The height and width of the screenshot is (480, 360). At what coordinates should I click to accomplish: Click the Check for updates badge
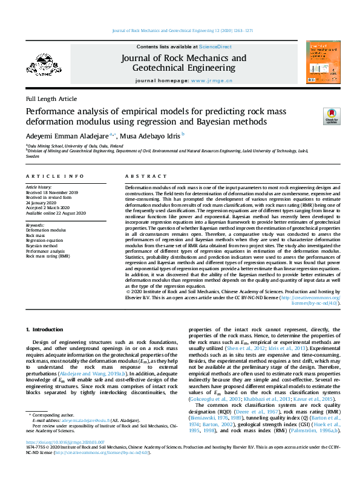click(x=332, y=117)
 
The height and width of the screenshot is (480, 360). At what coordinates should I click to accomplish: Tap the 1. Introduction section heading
click(x=47, y=329)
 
